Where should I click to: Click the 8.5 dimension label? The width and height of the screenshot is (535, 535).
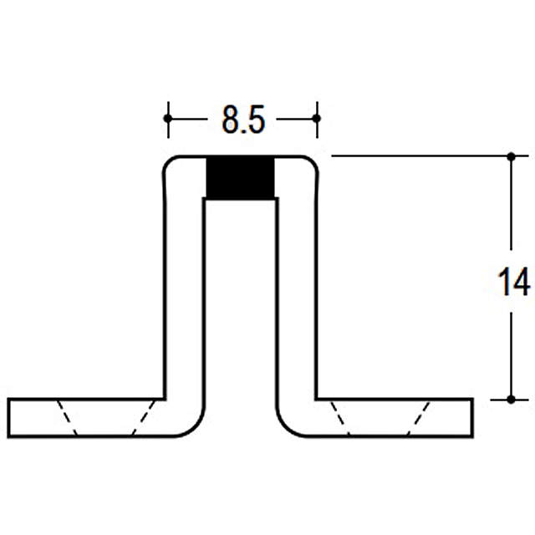(243, 120)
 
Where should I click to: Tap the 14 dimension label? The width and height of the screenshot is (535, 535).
(514, 281)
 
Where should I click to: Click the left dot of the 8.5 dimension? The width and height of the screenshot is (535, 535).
(168, 119)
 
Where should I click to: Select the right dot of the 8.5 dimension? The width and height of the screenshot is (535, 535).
(317, 119)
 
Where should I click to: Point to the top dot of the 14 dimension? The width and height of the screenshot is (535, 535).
(511, 156)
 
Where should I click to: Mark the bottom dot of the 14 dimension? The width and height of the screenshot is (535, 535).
(511, 400)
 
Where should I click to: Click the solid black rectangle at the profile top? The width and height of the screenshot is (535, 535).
(240, 177)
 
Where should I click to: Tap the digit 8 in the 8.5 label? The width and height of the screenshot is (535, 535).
(231, 120)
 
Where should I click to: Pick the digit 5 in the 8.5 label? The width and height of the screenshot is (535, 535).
(256, 120)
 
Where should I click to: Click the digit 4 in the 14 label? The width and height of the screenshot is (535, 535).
(522, 281)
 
